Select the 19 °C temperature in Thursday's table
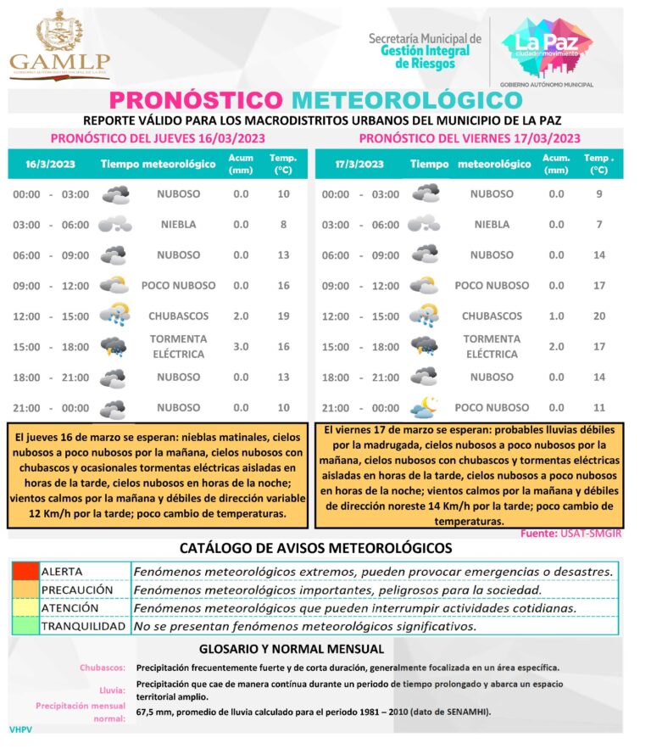(x=283, y=316)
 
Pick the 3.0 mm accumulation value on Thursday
(x=241, y=346)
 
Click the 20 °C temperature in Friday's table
(x=599, y=316)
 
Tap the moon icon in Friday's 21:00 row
(x=425, y=407)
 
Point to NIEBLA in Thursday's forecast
(x=178, y=225)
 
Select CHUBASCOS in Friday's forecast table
(x=492, y=316)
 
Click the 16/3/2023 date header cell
(x=44, y=165)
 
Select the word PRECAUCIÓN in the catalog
(x=77, y=590)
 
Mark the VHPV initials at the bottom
(x=19, y=729)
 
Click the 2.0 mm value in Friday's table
(x=556, y=346)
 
